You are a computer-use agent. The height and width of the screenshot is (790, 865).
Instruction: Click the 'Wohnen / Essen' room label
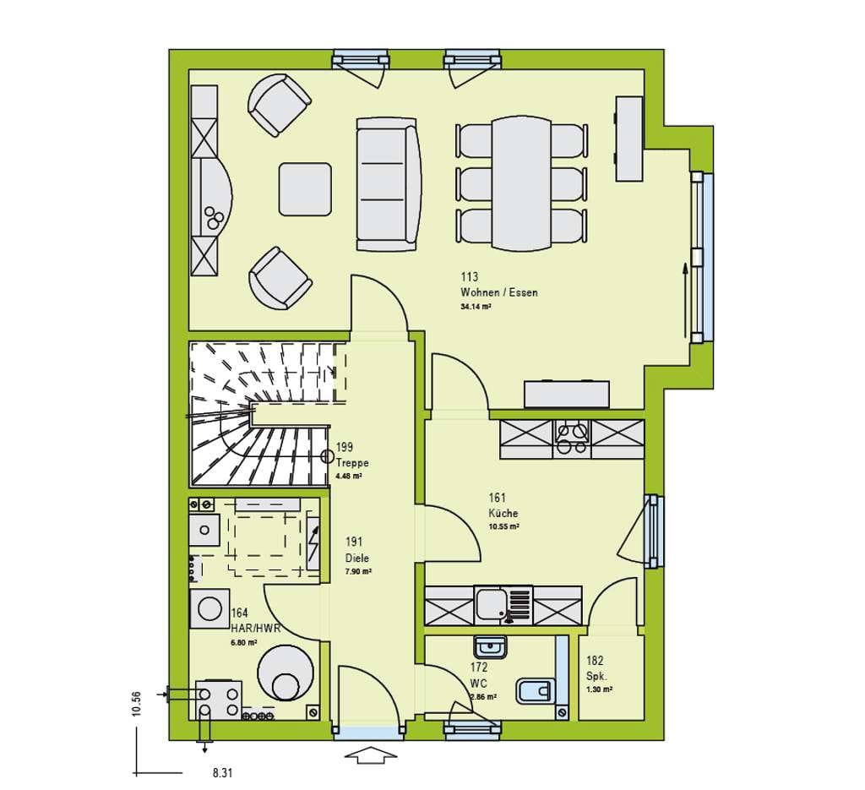click(x=498, y=292)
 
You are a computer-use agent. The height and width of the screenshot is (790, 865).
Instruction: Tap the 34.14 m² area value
click(x=476, y=308)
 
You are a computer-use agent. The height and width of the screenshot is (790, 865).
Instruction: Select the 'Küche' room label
click(x=503, y=513)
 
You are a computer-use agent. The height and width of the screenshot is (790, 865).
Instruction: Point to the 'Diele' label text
click(x=357, y=558)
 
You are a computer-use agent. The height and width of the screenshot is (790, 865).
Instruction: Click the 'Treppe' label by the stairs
click(x=352, y=463)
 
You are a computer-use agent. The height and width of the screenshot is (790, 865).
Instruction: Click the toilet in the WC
click(x=535, y=690)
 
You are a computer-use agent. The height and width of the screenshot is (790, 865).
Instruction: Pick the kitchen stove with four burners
click(x=572, y=439)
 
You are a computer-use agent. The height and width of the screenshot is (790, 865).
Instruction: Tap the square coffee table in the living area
click(x=305, y=188)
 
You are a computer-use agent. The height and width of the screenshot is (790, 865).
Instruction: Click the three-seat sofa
click(x=389, y=184)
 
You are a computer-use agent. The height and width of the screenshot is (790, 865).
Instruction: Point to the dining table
click(x=521, y=183)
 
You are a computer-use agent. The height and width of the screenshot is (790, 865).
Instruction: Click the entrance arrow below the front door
click(x=373, y=755)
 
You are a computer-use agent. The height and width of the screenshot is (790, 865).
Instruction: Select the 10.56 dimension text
click(x=137, y=704)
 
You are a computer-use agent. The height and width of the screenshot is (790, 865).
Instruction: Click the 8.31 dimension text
click(x=222, y=773)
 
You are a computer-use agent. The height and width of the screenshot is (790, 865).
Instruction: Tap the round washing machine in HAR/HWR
click(x=209, y=609)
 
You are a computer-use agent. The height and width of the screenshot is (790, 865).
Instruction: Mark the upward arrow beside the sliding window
click(x=684, y=300)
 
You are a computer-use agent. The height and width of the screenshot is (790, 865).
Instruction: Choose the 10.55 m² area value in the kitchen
click(x=503, y=527)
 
